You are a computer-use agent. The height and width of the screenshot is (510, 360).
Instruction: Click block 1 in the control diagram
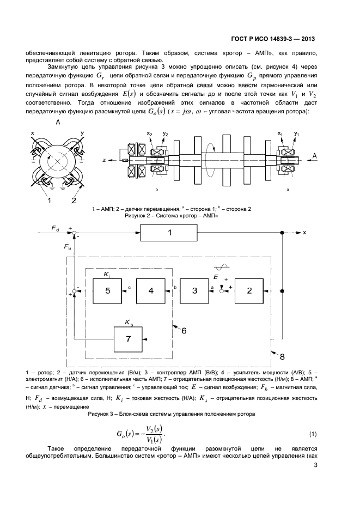coord(169,233)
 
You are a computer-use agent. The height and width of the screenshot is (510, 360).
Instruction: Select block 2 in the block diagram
coord(249,291)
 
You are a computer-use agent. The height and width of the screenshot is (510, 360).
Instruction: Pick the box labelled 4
coord(151,291)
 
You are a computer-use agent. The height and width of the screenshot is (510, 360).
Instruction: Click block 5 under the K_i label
coord(107,291)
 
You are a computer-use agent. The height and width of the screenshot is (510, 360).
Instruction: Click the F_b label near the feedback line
coord(66,247)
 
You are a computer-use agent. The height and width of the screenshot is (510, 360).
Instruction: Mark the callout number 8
coord(282,356)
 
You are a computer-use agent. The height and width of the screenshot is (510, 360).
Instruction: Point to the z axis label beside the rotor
coord(103,160)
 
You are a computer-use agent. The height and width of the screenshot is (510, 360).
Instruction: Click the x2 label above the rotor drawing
coord(149,133)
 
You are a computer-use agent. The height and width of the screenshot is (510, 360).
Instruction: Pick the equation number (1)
coord(313,434)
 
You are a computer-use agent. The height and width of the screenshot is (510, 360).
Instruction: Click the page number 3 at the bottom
coord(315,465)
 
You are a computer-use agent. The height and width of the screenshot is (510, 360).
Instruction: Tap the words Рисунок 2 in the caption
coord(141,215)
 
